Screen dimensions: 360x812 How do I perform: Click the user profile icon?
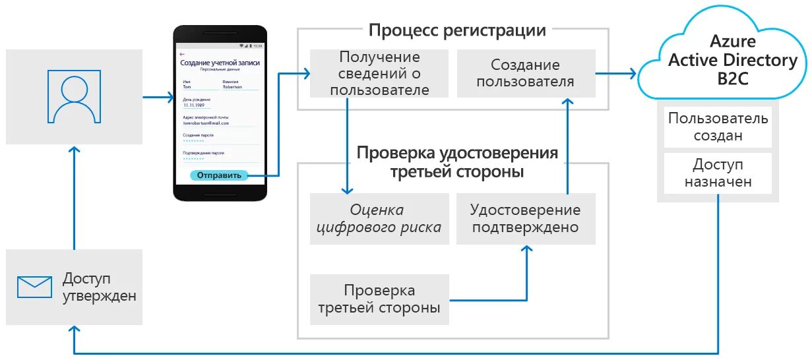point(74,96)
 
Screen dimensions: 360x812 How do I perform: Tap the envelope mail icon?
point(34,287)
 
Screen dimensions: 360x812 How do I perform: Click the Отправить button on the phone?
point(219,175)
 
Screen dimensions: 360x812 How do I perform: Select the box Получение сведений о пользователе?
point(379,73)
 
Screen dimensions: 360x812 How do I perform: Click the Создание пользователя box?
point(525,73)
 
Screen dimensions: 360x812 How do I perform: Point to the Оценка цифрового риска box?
point(379,219)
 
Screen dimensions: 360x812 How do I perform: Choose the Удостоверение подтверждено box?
point(525,219)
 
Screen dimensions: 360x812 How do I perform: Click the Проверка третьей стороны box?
point(379,299)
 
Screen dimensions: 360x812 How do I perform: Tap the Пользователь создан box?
point(718,127)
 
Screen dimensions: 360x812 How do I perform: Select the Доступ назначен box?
point(718,173)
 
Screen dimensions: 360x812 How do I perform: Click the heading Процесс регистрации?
point(457,30)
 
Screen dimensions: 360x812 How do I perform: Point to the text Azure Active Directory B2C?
point(732,60)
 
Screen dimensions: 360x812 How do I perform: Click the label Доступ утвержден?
point(100,287)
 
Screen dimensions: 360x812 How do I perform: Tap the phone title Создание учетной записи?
point(220,63)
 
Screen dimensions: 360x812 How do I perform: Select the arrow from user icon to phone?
point(158,98)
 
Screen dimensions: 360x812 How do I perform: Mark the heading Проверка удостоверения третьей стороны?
point(457,162)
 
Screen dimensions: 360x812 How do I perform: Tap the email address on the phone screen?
point(206,123)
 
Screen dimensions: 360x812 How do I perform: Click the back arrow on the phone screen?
point(183,54)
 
